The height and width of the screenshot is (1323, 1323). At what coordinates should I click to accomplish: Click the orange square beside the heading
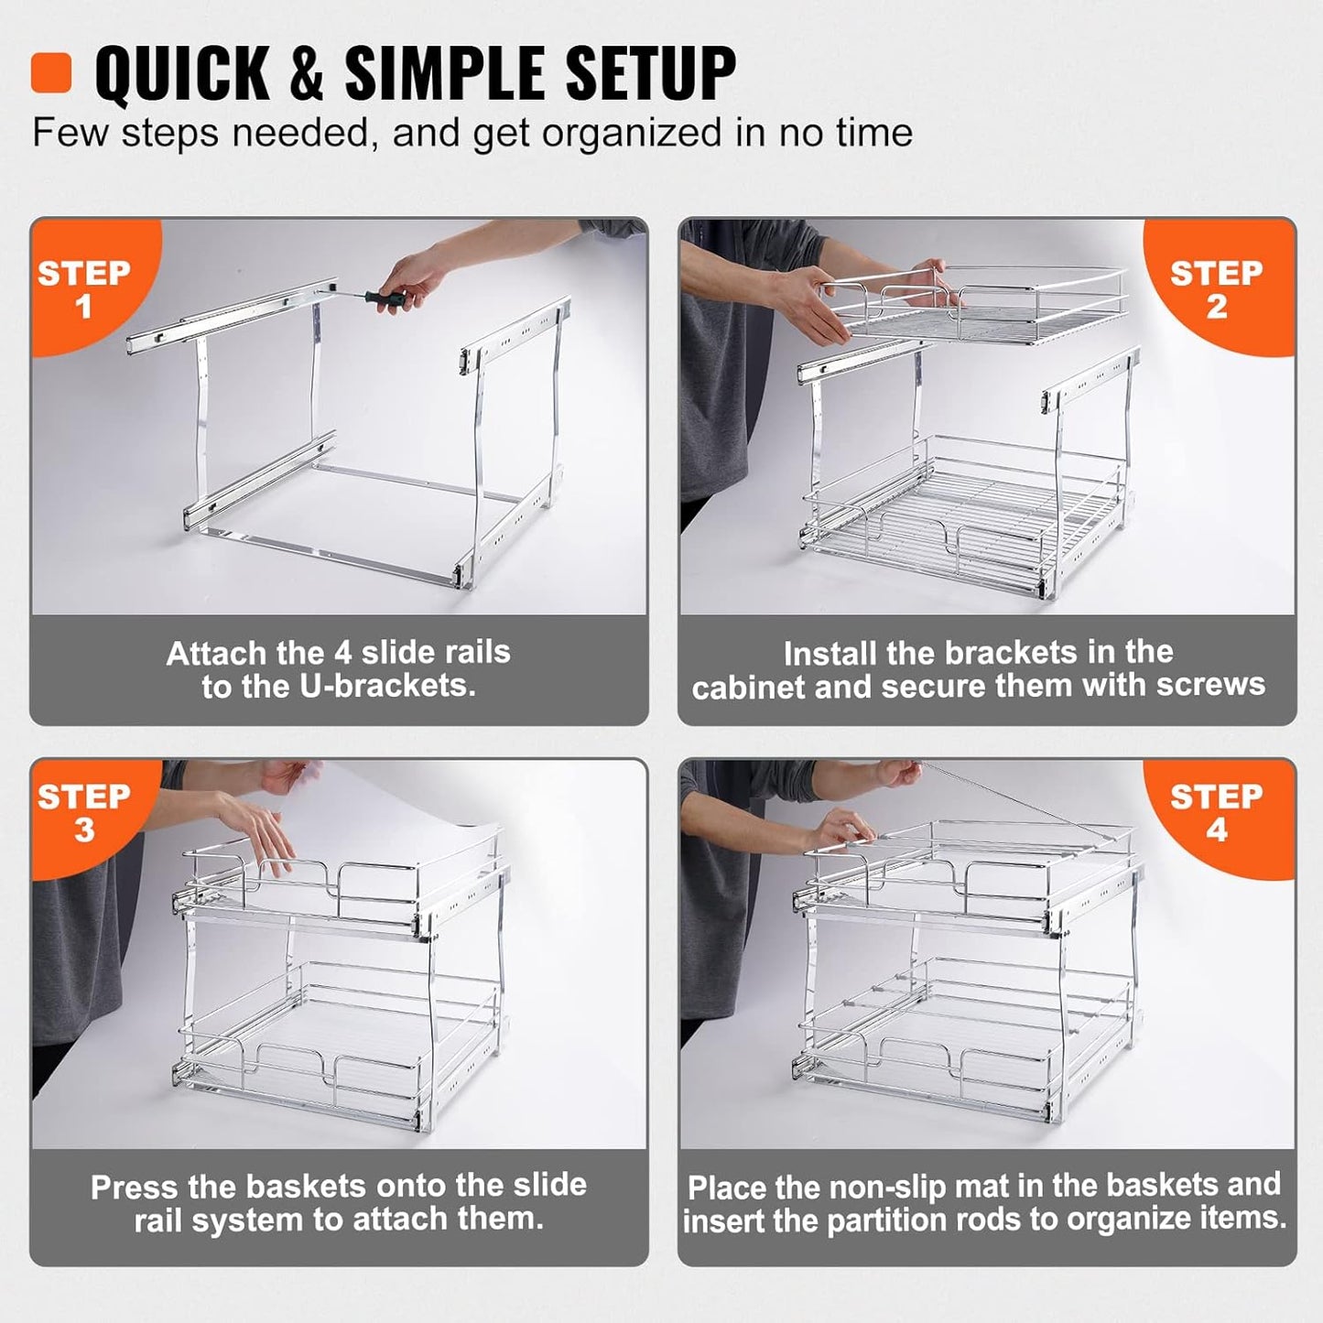(50, 72)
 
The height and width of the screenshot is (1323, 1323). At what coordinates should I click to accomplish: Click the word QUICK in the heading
(182, 72)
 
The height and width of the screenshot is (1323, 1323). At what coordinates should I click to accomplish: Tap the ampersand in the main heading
(307, 73)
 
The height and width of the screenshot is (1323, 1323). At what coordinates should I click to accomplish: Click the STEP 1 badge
(83, 288)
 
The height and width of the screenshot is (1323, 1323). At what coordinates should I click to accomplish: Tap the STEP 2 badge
(1215, 288)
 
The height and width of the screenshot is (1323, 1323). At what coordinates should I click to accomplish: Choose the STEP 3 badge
(83, 812)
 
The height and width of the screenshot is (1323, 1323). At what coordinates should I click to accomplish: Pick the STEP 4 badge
(1215, 812)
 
